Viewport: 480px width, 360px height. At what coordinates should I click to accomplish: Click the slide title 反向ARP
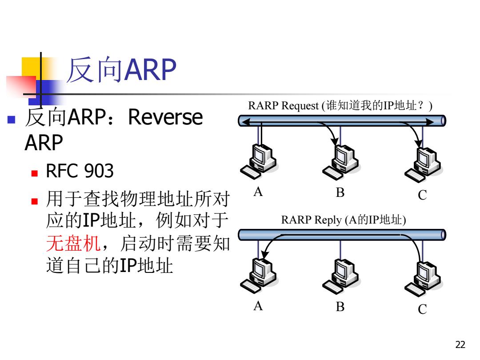121,69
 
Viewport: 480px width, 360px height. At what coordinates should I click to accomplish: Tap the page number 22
460,344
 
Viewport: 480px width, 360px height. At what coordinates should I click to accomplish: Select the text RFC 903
80,171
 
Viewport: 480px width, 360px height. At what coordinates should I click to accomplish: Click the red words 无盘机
73,244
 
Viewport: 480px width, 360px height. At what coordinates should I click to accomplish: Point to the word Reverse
165,117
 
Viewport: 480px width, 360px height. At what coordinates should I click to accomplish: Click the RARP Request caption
340,106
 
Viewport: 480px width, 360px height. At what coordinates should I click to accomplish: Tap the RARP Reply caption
344,220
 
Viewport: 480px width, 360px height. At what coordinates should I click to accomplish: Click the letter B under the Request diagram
340,192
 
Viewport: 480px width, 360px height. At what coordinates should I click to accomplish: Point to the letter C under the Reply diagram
423,309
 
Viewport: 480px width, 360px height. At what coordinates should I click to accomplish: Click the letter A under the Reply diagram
258,306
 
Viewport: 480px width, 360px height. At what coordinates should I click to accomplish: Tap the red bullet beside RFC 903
34,174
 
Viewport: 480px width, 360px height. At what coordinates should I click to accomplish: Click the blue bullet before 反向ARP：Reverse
11,120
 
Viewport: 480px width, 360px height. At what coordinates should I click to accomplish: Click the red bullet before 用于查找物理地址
34,201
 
